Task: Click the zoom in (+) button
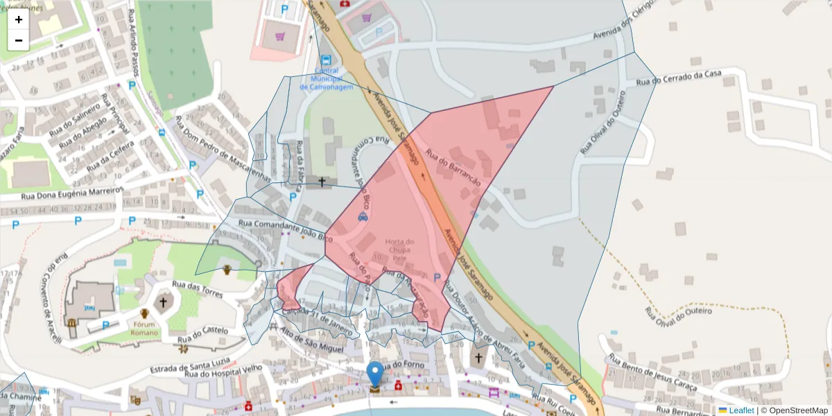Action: [19, 19]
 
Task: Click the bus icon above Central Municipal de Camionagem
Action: [326, 60]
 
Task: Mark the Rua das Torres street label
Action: [198, 289]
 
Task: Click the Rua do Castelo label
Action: [202, 335]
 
